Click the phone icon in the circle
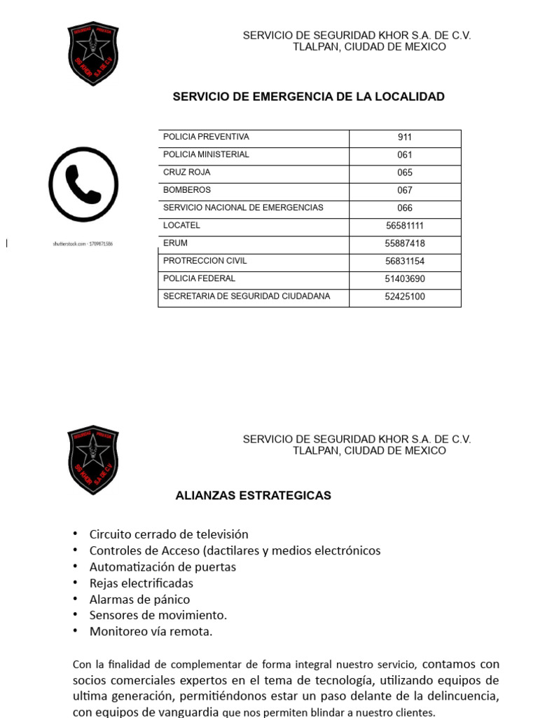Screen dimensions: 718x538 coord(83,184)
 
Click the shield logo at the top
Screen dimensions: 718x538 coord(93,54)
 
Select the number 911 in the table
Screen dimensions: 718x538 coord(405,137)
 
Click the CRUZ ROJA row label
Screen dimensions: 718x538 coord(186,172)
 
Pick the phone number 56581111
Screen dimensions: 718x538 coord(405,226)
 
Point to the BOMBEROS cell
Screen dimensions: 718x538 coord(186,190)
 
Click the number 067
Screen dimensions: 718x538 coord(405,190)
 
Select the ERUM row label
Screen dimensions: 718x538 coord(175,243)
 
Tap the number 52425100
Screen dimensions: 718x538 coord(405,297)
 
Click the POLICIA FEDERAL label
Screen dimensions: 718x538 coord(199,278)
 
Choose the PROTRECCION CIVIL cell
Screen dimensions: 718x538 coord(205,261)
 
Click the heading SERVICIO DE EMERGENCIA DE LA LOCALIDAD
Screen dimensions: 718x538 coord(308,97)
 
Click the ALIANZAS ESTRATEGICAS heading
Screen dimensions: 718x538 coord(253,496)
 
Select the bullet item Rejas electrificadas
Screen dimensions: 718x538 coord(141,583)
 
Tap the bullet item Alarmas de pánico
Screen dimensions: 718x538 coord(139,600)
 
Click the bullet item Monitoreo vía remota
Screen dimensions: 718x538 coord(151,632)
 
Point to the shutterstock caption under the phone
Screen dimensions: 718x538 coord(83,244)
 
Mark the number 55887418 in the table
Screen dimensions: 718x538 coord(405,243)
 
